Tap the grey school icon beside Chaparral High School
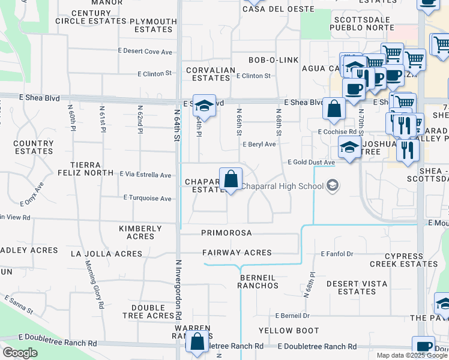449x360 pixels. (x=332, y=186)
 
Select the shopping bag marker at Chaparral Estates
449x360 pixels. (x=231, y=179)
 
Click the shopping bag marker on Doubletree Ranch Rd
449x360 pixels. (x=197, y=341)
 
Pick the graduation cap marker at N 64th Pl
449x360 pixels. (x=204, y=105)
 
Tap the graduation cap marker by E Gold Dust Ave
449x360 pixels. (x=349, y=147)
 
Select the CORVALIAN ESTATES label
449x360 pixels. (x=211, y=74)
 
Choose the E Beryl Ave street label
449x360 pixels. (x=259, y=145)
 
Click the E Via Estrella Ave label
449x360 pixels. (x=145, y=175)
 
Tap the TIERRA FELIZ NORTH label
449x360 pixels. (x=92, y=169)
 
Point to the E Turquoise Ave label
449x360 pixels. (x=148, y=198)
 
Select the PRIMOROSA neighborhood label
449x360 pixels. (x=226, y=233)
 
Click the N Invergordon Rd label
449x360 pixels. (x=178, y=289)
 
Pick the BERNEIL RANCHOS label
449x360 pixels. (x=258, y=282)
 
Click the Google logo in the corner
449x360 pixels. (x=20, y=353)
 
